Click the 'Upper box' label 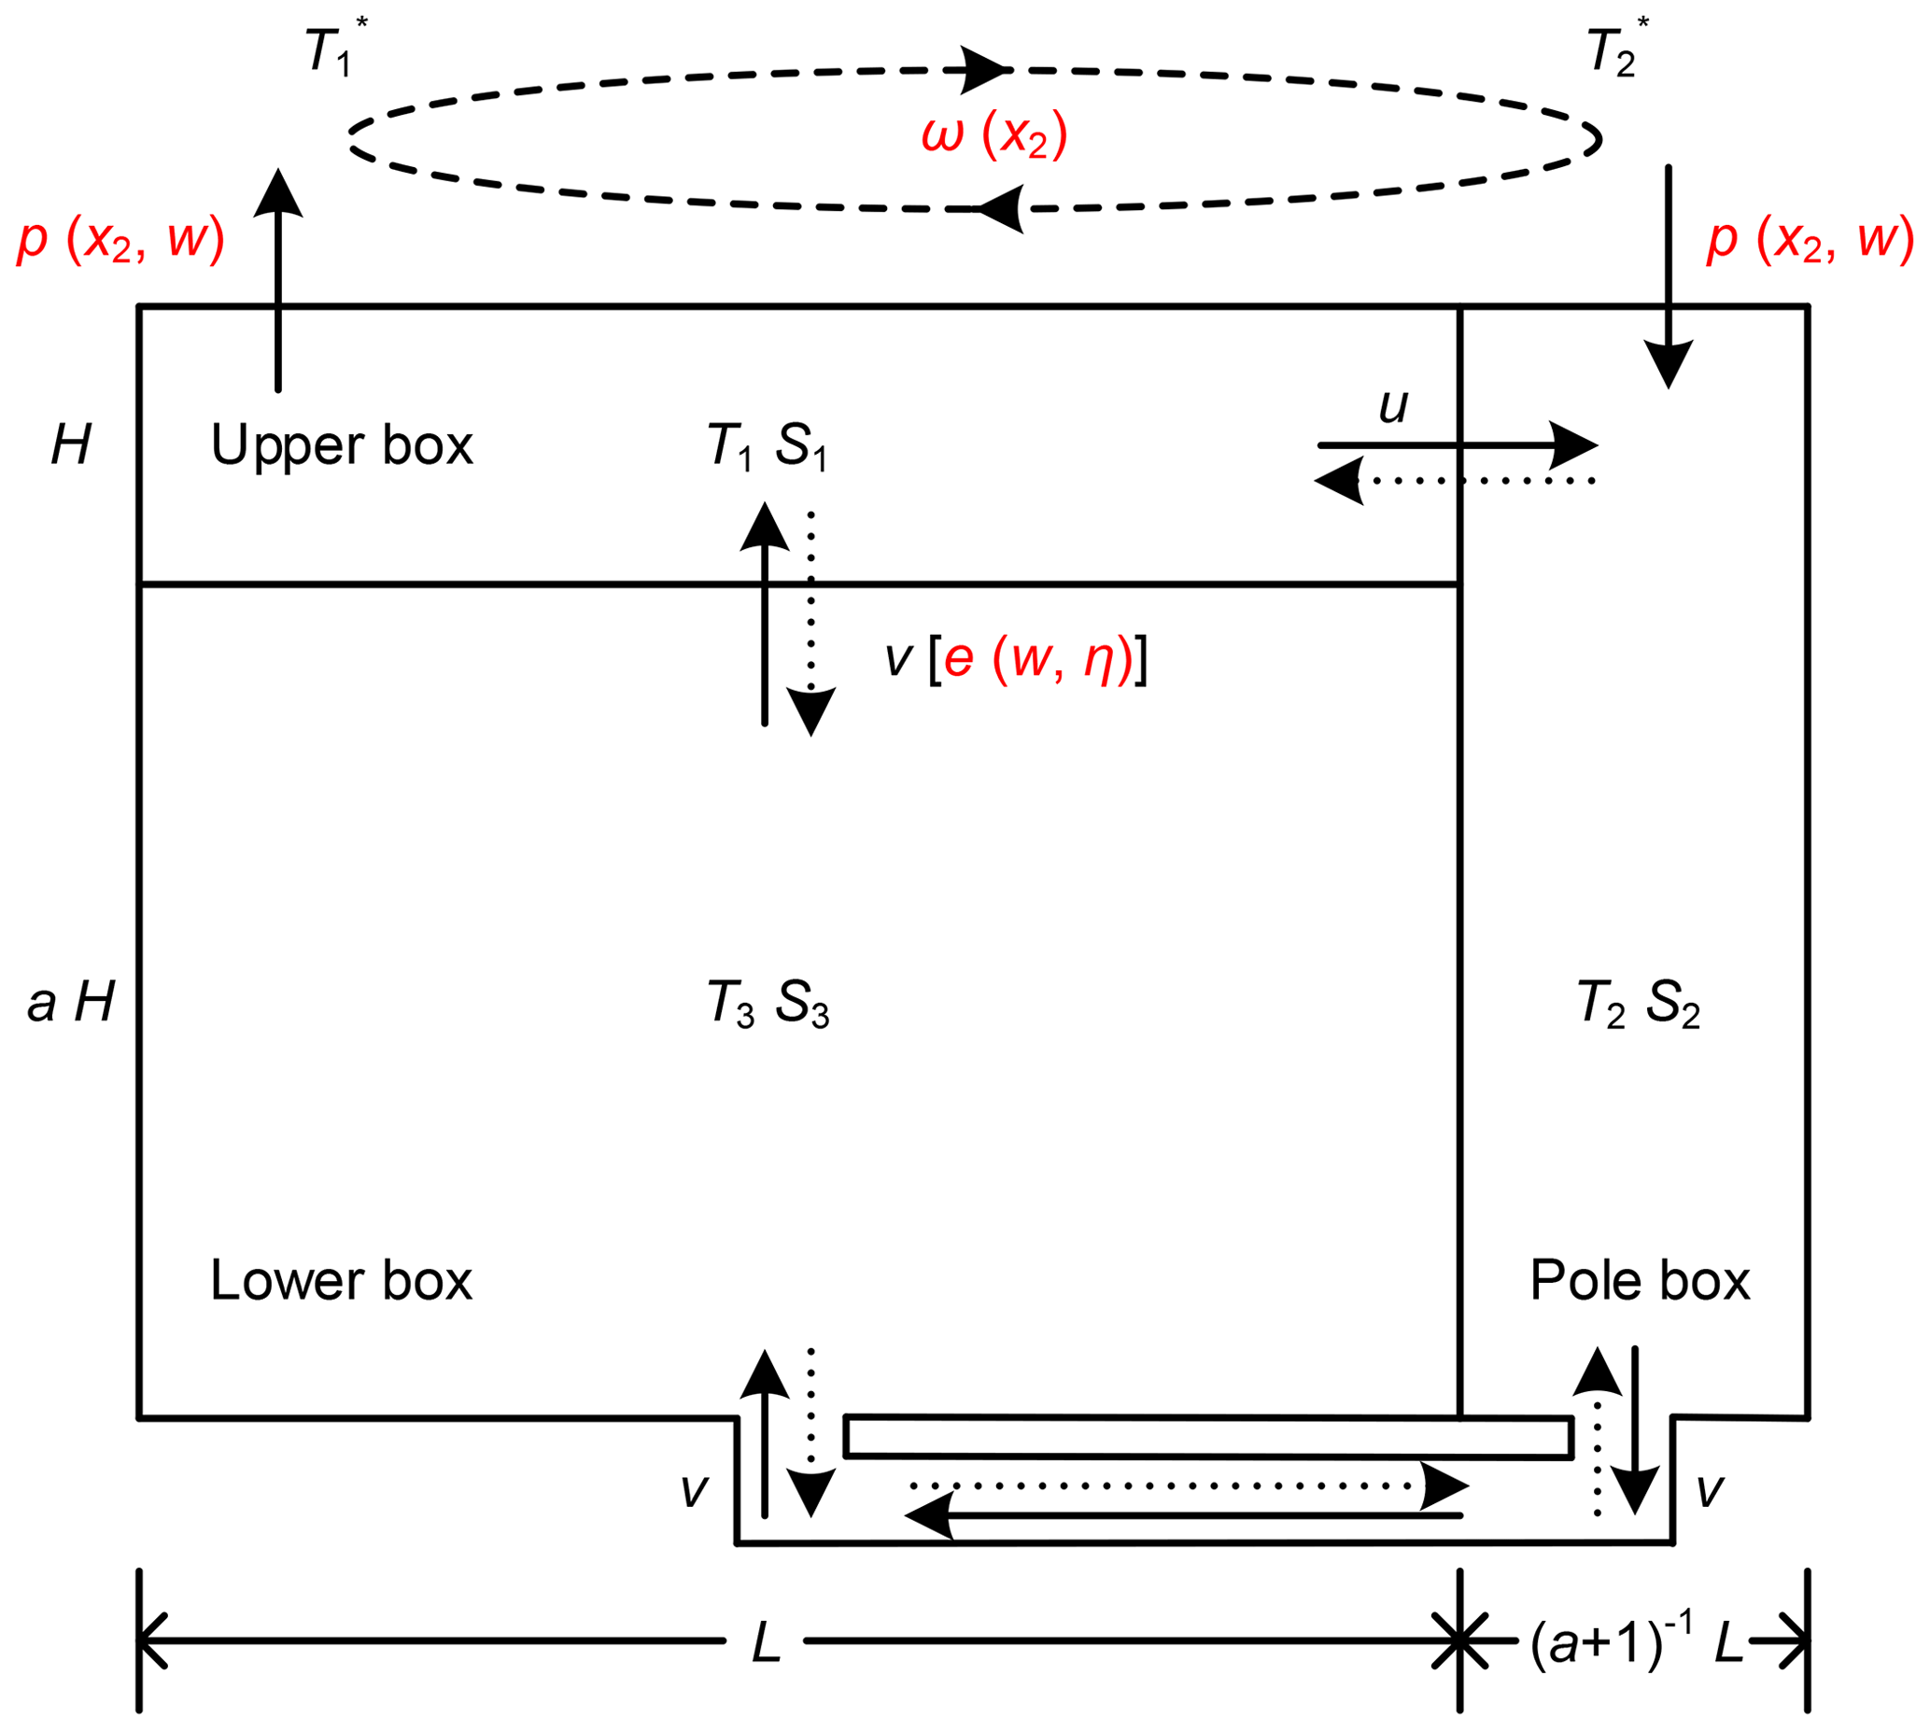point(342,445)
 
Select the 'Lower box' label point(341,1281)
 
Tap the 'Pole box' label point(1639,1281)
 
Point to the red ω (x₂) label point(994,135)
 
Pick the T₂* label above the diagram point(1616,49)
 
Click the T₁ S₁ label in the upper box point(767,445)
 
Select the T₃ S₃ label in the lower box point(768,1003)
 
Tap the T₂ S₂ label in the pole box point(1638,1003)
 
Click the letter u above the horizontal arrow point(1393,406)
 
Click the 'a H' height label point(71,1003)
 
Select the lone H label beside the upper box point(71,444)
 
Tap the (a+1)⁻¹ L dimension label point(1636,1641)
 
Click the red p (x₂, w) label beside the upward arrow point(120,239)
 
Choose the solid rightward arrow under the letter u point(1456,445)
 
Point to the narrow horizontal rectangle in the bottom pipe point(1208,1437)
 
